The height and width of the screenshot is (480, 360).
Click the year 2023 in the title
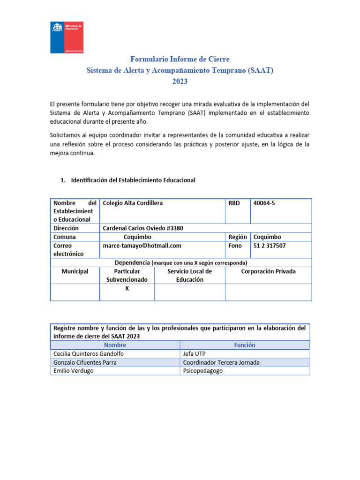click(180, 81)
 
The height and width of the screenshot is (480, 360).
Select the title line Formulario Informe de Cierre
click(180, 59)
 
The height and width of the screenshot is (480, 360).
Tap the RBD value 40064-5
click(264, 203)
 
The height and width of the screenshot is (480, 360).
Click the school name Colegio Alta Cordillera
click(133, 203)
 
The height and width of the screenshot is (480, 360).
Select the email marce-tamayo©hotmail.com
click(142, 246)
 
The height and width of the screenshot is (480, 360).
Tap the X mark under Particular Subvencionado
click(127, 289)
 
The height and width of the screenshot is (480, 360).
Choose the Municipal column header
click(75, 271)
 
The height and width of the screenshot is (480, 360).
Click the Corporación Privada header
click(268, 271)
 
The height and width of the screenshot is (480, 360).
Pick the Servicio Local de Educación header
click(189, 275)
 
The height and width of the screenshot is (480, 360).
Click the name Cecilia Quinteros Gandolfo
click(89, 354)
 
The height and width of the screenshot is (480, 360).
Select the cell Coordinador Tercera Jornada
click(221, 362)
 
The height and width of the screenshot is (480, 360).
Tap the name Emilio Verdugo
click(73, 371)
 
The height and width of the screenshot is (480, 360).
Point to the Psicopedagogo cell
click(203, 371)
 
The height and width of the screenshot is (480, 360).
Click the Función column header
click(244, 345)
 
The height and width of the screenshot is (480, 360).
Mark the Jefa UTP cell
click(194, 354)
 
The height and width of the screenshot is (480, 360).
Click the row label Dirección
click(66, 228)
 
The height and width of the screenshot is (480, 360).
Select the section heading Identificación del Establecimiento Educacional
click(133, 180)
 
